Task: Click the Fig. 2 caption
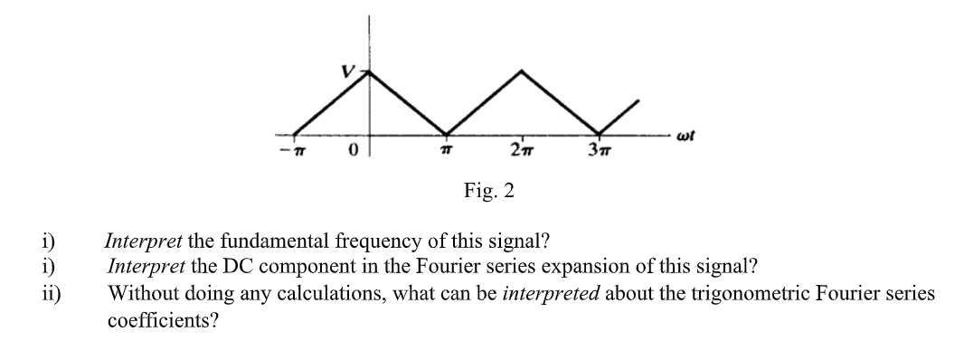pyautogui.click(x=489, y=192)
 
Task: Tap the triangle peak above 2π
pyautogui.click(x=522, y=70)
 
